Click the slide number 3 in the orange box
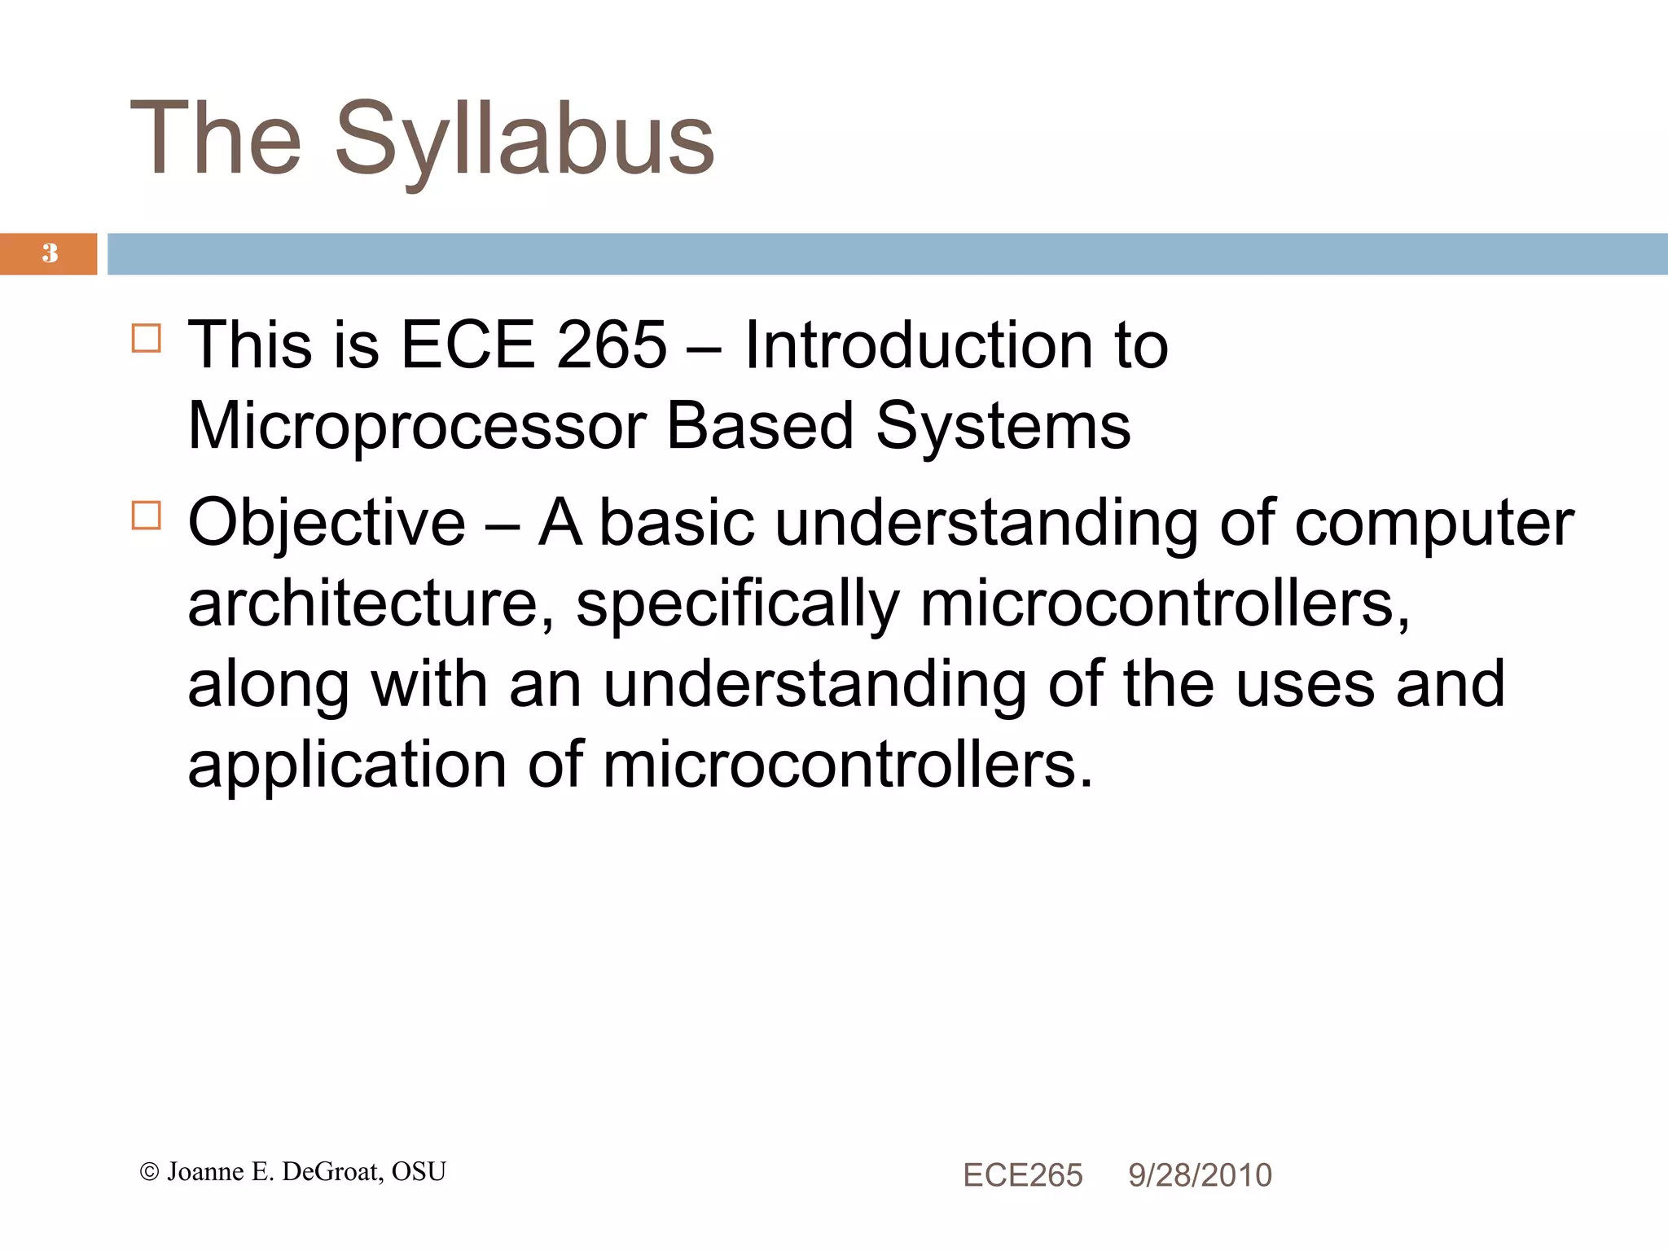tap(50, 253)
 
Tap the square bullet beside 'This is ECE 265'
tap(147, 337)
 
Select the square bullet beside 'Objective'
tap(147, 515)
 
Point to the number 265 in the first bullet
tap(611, 345)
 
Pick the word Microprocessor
tap(417, 427)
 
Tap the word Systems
tap(1003, 427)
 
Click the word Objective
tap(327, 523)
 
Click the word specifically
tap(738, 606)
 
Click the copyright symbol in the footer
tap(149, 1172)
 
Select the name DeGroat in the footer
tap(331, 1172)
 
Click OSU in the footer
tap(419, 1172)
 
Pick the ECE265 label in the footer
tap(1022, 1175)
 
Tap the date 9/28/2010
tap(1200, 1175)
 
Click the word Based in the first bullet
tap(760, 427)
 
